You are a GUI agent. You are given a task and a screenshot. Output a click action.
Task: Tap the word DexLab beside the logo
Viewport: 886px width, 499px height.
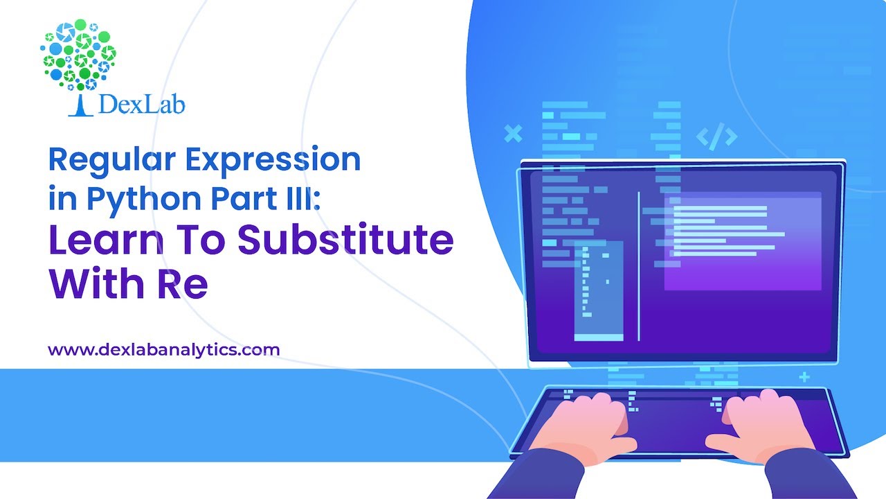tap(142, 105)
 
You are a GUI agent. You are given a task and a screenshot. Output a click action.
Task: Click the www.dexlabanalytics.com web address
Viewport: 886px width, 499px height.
tap(163, 349)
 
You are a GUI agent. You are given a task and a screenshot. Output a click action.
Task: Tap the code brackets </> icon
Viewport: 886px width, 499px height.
tap(716, 137)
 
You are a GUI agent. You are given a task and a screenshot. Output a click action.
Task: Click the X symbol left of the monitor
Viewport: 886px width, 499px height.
tap(513, 133)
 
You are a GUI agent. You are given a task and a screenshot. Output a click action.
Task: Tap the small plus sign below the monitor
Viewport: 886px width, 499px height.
tap(804, 378)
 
